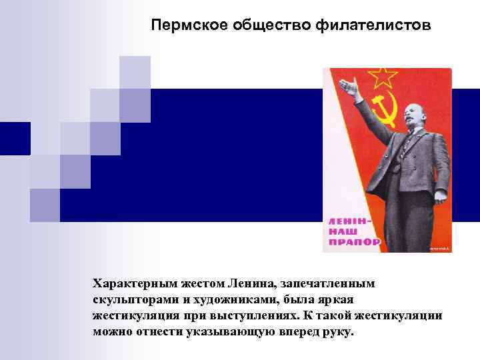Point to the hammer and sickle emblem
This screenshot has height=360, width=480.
point(385,111)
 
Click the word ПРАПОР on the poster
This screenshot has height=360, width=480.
point(351,241)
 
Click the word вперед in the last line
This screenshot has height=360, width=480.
point(293,331)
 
